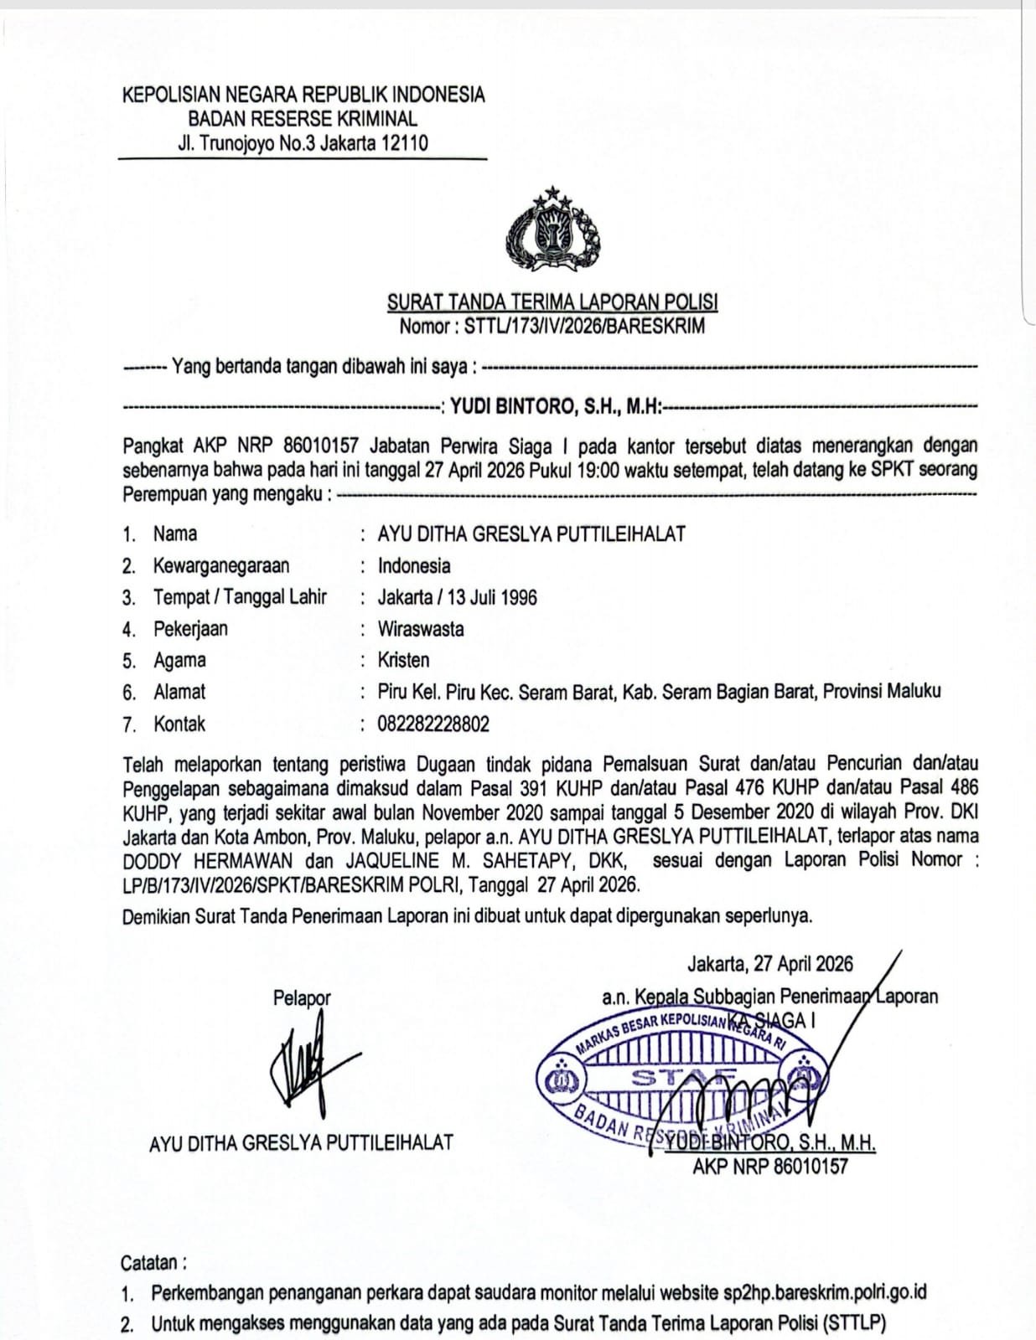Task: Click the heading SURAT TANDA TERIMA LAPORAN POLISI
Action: [552, 301]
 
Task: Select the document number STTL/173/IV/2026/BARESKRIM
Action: [584, 326]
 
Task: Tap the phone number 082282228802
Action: [433, 724]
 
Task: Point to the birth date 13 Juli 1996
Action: [492, 597]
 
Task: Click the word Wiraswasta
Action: [421, 629]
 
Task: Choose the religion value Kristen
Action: [403, 660]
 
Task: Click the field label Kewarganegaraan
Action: [221, 565]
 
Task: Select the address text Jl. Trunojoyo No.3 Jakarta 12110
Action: [303, 142]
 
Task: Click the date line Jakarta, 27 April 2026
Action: [769, 963]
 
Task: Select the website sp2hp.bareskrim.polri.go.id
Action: [825, 1292]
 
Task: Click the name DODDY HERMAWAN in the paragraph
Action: [207, 860]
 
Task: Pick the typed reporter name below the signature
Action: [301, 1142]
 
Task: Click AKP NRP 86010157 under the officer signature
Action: [769, 1166]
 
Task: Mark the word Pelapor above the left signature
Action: [302, 997]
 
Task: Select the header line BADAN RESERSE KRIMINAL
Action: [303, 118]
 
